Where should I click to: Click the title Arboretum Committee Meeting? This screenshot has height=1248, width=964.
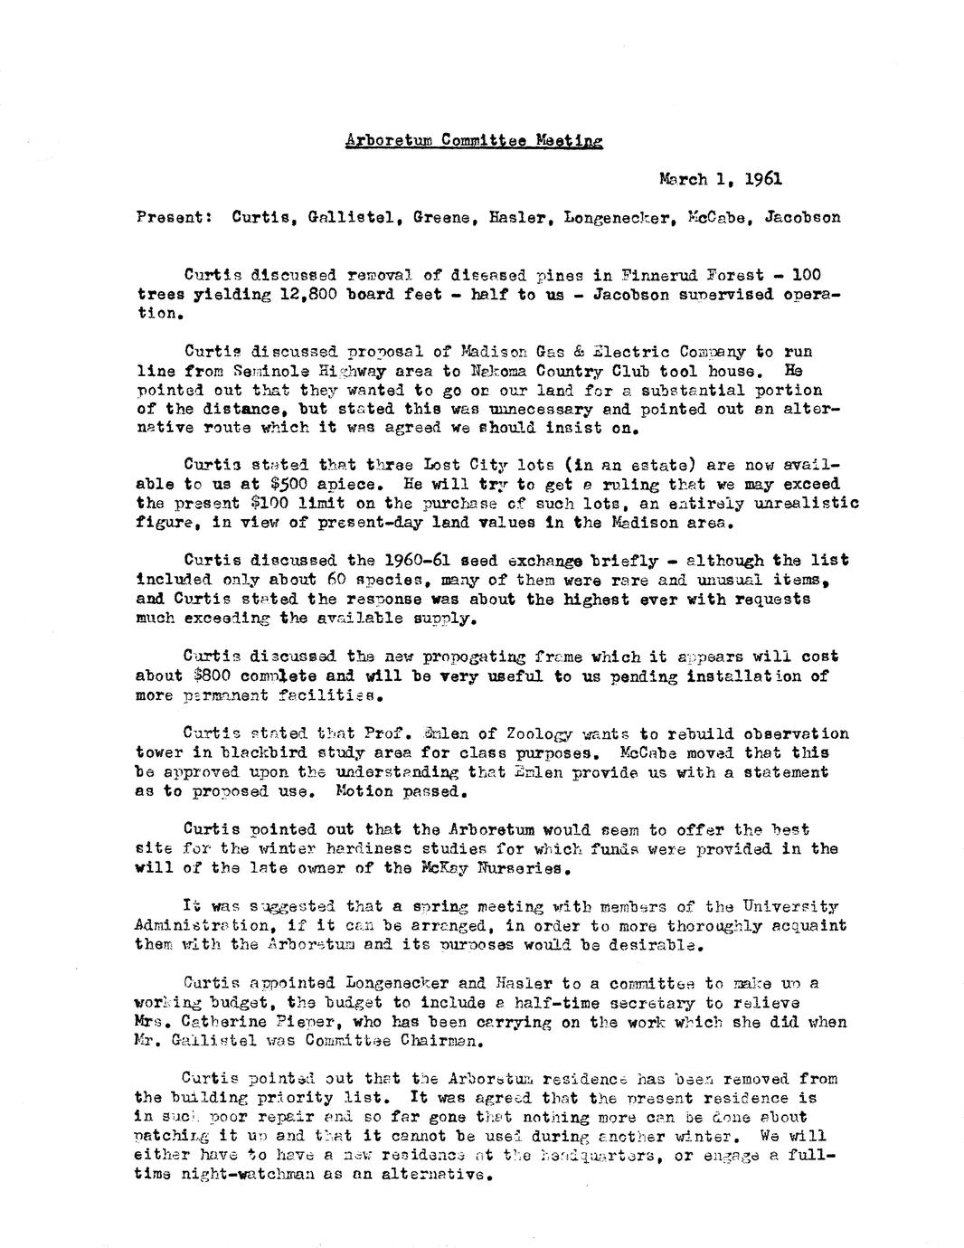tap(473, 141)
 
